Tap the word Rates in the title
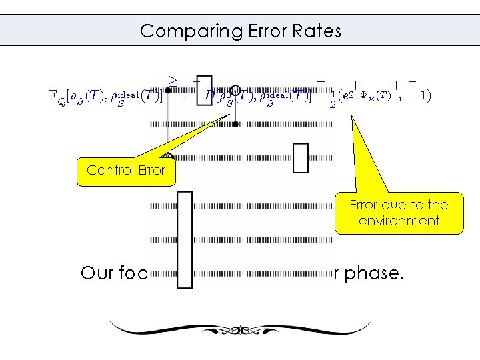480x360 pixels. [x=315, y=31]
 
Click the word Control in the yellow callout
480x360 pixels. [x=106, y=170]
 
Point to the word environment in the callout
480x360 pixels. [x=399, y=221]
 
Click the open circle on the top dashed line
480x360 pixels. [x=235, y=89]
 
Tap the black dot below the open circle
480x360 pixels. [x=235, y=124]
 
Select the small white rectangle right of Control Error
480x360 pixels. [x=301, y=158]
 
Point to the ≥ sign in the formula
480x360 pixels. [x=173, y=80]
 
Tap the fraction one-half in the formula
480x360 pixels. [x=333, y=101]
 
